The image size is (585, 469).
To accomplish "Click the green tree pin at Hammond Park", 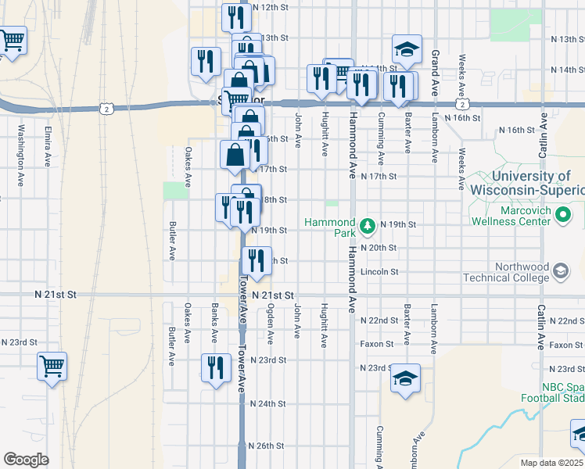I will (368, 227).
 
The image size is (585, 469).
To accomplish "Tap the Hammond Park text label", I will (333, 227).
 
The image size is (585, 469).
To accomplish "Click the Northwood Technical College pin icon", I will (560, 271).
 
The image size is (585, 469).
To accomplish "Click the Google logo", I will (26, 459).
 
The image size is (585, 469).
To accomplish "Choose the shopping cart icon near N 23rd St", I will (52, 365).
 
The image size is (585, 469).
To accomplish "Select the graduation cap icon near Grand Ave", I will (406, 50).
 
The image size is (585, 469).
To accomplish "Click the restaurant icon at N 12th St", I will (235, 16).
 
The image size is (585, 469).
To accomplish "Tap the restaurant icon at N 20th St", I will (257, 259).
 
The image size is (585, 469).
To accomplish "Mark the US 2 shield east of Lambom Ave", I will (463, 103).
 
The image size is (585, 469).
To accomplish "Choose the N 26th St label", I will (266, 446).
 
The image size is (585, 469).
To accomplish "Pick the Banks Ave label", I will (214, 324).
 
